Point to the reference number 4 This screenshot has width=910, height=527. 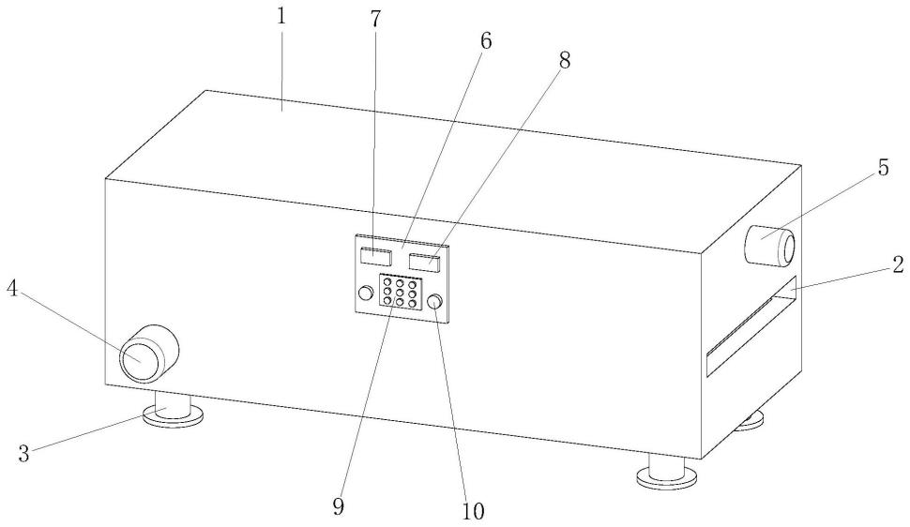[x=14, y=289]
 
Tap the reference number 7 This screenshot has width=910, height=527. [x=375, y=21]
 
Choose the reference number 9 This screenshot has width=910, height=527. [x=339, y=506]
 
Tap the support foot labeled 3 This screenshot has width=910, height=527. [x=173, y=413]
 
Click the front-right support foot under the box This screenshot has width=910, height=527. [x=666, y=474]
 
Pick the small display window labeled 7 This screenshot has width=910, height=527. [x=376, y=253]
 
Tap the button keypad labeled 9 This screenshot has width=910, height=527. [x=399, y=291]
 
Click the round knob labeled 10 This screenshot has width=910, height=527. [x=435, y=302]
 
